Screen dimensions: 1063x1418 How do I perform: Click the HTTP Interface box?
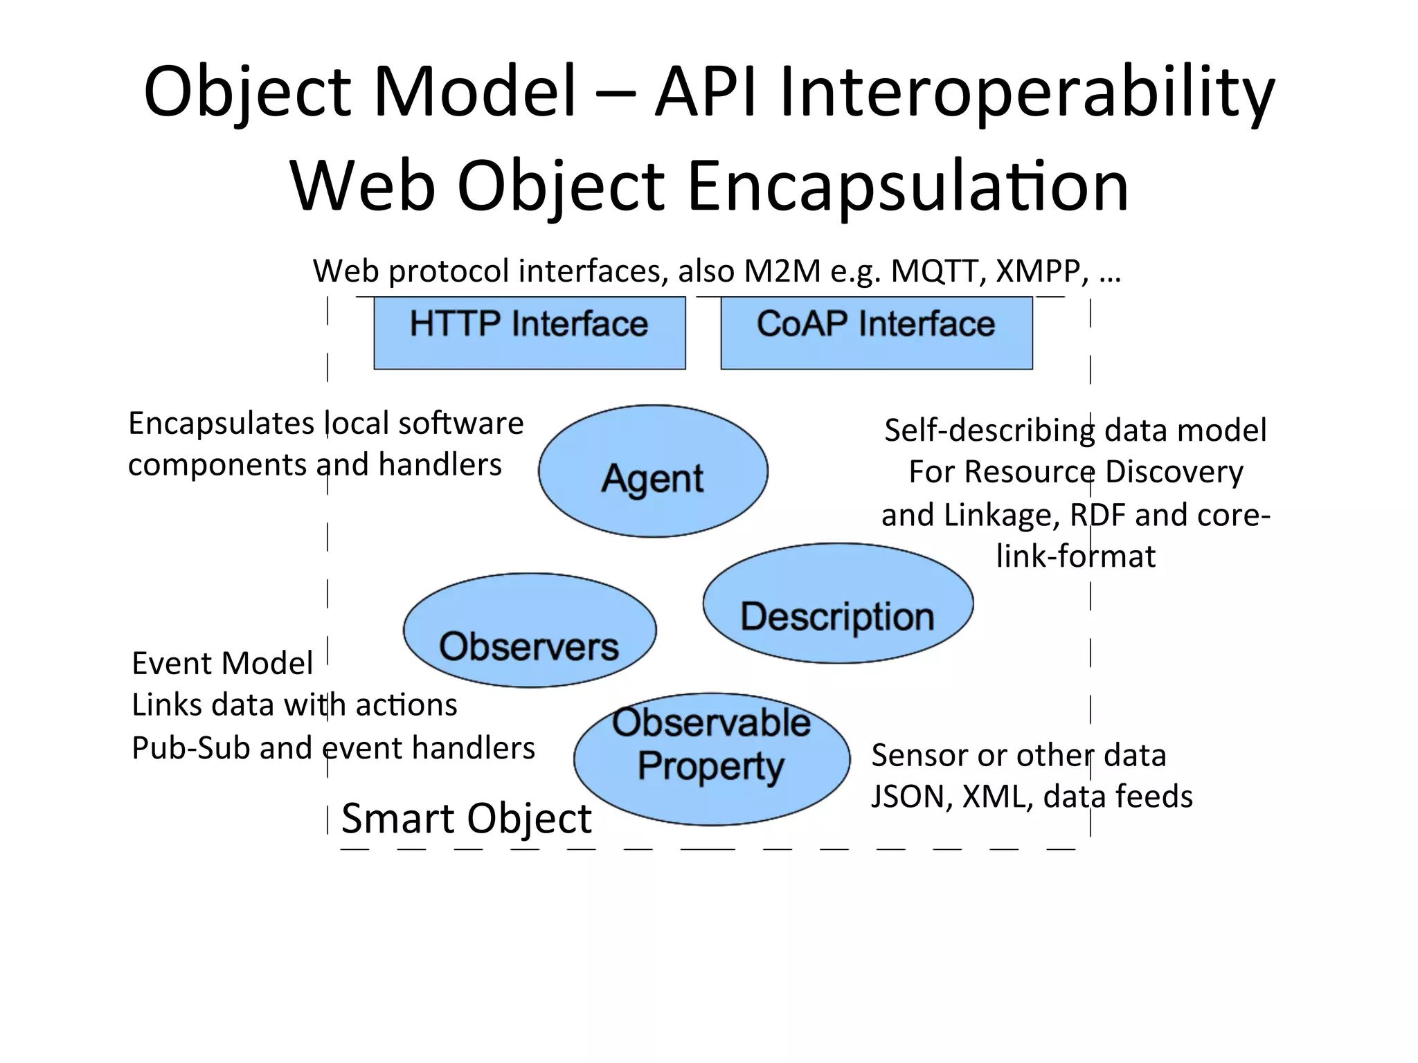(x=529, y=332)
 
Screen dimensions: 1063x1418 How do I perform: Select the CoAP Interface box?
(x=876, y=332)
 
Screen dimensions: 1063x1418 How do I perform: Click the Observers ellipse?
(x=529, y=630)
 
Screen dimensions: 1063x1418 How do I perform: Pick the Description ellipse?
(x=837, y=603)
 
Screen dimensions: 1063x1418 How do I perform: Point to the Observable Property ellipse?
(x=711, y=758)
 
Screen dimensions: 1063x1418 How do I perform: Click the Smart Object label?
(x=466, y=818)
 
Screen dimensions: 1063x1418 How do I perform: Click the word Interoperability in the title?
(x=1025, y=92)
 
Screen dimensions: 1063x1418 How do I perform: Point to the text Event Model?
(x=222, y=663)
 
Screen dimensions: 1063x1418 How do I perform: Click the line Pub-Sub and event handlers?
(x=333, y=747)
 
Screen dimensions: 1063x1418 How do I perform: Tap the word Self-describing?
(x=989, y=430)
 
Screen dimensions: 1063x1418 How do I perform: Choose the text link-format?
(x=1075, y=556)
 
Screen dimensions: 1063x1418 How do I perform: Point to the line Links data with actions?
(x=294, y=705)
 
